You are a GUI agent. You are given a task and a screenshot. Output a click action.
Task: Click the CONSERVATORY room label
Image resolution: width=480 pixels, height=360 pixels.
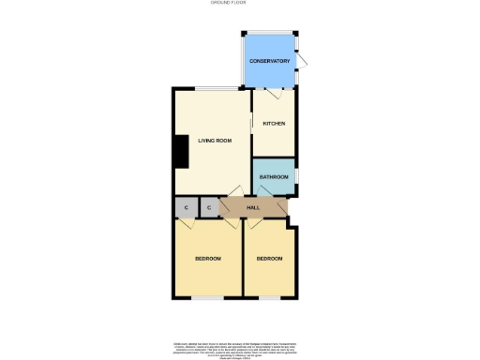270,62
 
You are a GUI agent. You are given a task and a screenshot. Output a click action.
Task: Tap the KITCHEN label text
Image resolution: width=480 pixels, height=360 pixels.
274,124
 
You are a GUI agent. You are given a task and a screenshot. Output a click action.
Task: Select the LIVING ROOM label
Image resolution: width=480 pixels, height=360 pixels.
214,141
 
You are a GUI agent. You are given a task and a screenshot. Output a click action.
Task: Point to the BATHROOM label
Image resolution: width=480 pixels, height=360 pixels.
274,177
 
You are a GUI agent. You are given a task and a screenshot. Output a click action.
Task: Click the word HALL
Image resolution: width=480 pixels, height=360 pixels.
253,207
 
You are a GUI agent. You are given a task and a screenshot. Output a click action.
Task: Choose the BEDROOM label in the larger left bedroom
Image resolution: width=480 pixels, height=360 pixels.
207,258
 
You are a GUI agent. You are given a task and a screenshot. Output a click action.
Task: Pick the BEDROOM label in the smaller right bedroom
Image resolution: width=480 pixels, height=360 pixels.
269,258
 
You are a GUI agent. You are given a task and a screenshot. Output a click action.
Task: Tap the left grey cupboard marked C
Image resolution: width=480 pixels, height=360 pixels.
187,207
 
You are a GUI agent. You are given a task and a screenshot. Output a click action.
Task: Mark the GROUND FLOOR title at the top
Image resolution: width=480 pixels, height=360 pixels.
239,4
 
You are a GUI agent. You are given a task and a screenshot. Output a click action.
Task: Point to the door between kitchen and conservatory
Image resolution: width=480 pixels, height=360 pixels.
275,93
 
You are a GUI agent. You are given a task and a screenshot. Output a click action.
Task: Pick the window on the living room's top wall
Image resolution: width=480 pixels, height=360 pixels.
208,89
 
